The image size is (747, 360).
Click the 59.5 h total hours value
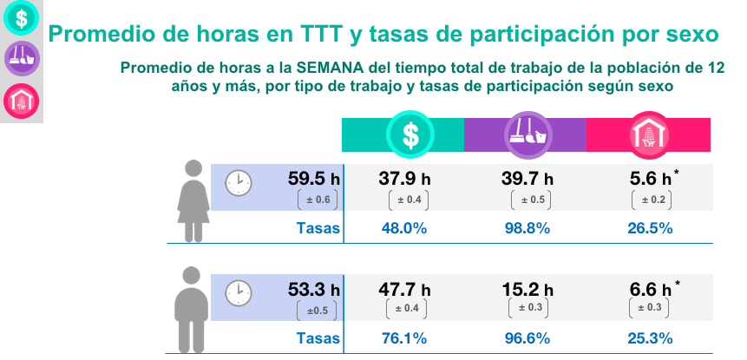pyautogui.click(x=314, y=180)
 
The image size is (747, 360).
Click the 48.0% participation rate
pyautogui.click(x=404, y=229)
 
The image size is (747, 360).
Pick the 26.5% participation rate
pyautogui.click(x=649, y=229)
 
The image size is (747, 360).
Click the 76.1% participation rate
pyautogui.click(x=404, y=338)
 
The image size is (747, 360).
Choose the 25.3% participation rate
pyautogui.click(x=649, y=338)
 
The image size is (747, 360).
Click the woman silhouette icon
pyautogui.click(x=193, y=201)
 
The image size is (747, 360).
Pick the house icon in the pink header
pyautogui.click(x=649, y=134)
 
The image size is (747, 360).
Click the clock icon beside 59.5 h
pyautogui.click(x=238, y=183)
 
